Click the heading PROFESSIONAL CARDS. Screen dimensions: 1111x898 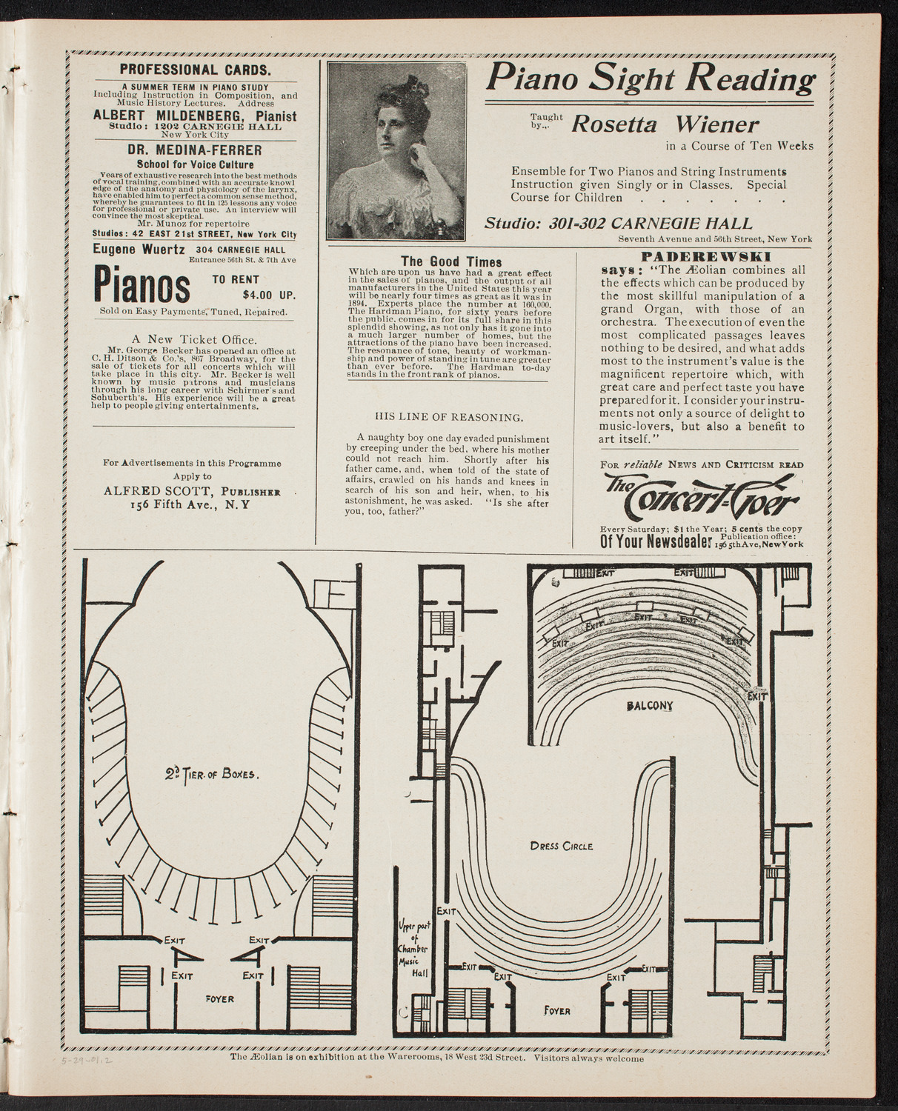point(196,72)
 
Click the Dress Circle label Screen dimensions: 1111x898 point(561,845)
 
